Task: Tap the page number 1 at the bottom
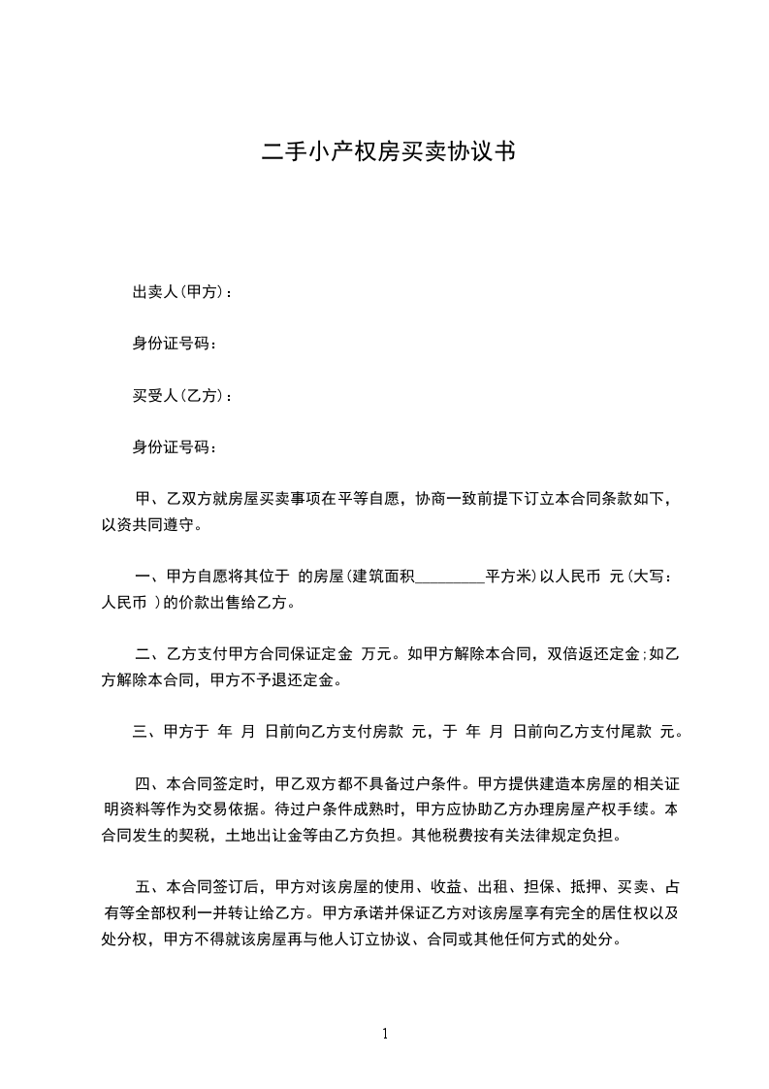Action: coord(385,1034)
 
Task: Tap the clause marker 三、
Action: coord(148,732)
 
